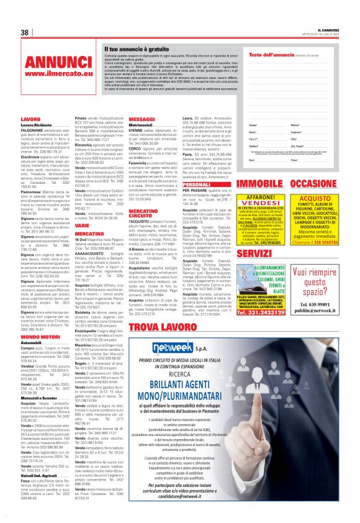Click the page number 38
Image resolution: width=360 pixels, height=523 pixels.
tap(25, 32)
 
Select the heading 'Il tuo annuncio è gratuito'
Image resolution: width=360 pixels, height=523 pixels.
tap(127, 47)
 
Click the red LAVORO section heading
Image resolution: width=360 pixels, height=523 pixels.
tap(30, 117)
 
